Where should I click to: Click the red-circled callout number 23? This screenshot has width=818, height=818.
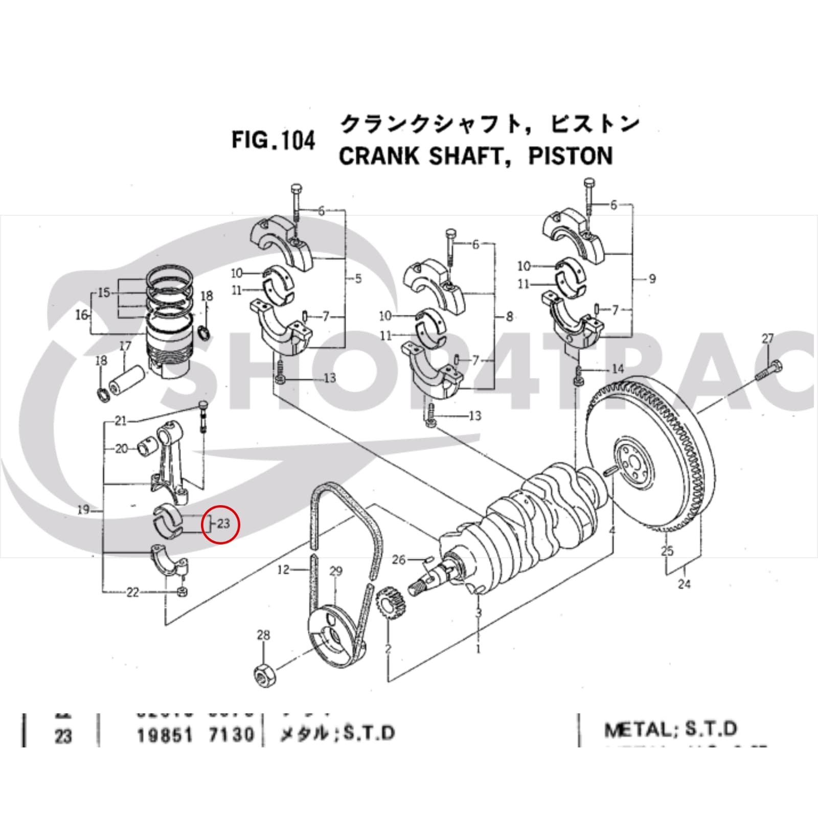[223, 524]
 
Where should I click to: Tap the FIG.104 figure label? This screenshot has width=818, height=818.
[274, 140]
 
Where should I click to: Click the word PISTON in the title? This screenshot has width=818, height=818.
[570, 156]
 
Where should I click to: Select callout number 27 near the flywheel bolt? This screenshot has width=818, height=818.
[767, 338]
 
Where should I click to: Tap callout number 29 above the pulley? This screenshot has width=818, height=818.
[335, 571]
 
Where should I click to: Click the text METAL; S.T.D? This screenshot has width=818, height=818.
[670, 729]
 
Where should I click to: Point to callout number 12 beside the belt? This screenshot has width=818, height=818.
[283, 570]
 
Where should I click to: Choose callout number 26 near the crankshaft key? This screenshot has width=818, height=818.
[398, 560]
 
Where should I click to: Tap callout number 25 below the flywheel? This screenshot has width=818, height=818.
[667, 551]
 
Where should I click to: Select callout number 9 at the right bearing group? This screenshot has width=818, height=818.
[652, 279]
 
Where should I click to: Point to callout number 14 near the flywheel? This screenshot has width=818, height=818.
[618, 369]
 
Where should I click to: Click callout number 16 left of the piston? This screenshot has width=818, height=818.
[81, 315]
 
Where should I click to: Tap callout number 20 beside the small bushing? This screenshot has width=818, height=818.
[121, 449]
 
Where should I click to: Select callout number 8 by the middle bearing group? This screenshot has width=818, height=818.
[509, 317]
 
